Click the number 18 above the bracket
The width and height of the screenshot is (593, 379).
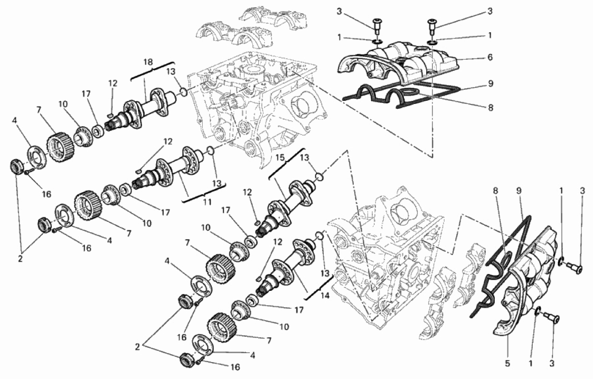click(148, 62)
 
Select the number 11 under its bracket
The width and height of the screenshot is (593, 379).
click(207, 202)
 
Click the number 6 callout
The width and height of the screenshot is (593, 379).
click(490, 57)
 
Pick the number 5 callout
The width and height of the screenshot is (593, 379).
click(507, 364)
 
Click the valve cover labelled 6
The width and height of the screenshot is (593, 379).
click(397, 62)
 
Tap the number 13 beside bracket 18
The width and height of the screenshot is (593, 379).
click(171, 71)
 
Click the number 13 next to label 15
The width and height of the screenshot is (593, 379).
click(305, 157)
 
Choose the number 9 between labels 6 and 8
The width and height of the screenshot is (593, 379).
click(491, 83)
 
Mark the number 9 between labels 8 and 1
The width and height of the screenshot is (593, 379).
click(519, 191)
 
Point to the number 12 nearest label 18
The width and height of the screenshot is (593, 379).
click(112, 83)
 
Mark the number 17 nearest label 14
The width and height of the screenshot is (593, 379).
click(299, 310)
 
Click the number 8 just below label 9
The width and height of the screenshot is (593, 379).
click(491, 108)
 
